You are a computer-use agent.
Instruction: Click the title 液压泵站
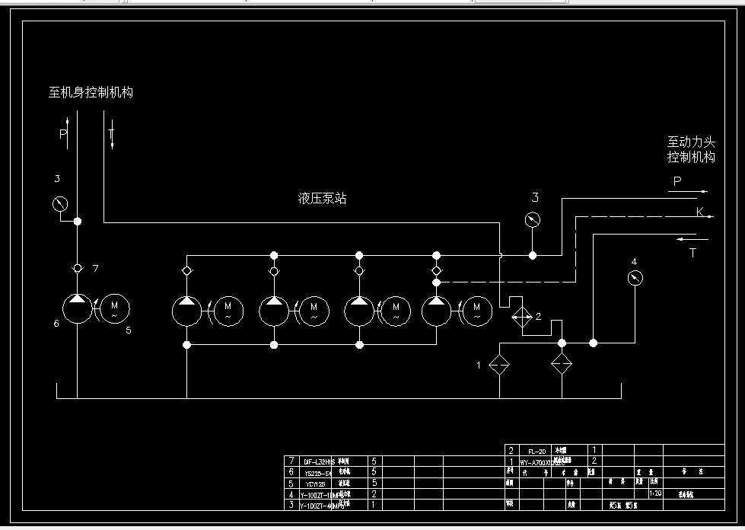click(322, 199)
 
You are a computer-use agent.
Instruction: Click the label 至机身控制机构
click(91, 93)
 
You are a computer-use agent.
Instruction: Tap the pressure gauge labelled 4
click(635, 279)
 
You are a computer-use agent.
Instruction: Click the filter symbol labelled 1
click(499, 365)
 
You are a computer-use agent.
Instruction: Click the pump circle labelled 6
click(77, 309)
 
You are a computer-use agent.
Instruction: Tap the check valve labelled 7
click(77, 269)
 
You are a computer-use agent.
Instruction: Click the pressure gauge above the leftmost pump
click(59, 205)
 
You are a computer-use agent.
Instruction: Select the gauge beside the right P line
click(533, 221)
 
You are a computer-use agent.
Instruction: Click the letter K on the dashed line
click(699, 212)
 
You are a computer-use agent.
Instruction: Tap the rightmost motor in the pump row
click(477, 308)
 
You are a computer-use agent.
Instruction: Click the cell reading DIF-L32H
click(318, 461)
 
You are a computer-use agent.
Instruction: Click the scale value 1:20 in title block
click(654, 493)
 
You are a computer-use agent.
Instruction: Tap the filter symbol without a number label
click(562, 365)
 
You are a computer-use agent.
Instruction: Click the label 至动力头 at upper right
click(691, 142)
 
